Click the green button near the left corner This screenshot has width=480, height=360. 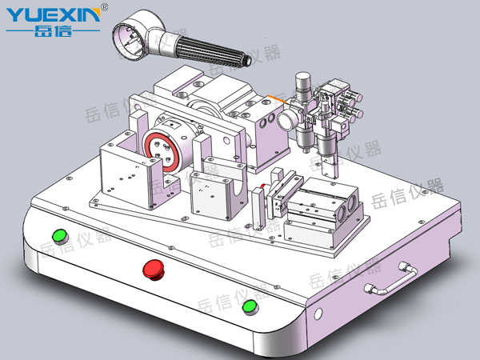pos(60,236)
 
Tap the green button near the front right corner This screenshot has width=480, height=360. pos(250,306)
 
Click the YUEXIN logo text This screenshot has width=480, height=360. pos(53,14)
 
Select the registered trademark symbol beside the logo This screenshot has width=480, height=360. pos(104,6)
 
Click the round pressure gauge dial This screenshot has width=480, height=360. pos(287,119)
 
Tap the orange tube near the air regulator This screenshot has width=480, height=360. pos(277,99)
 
